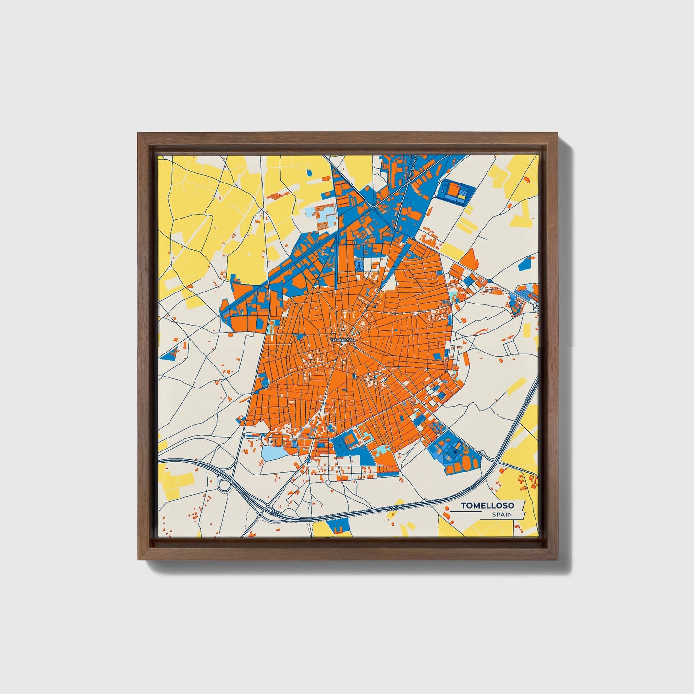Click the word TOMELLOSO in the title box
(x=487, y=505)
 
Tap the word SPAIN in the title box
(x=501, y=515)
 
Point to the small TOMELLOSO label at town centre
(x=343, y=340)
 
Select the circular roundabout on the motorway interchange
(x=224, y=486)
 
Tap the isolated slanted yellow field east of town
(x=517, y=386)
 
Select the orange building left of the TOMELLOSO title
(x=446, y=515)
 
